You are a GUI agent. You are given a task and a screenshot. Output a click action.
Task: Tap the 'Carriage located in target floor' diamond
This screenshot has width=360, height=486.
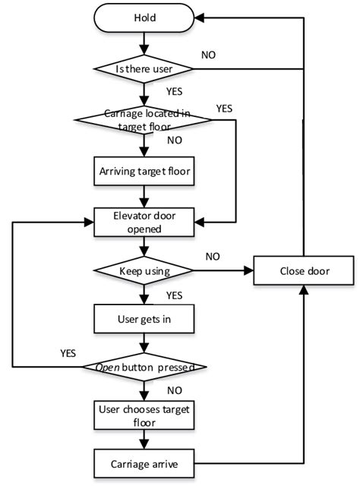(144, 120)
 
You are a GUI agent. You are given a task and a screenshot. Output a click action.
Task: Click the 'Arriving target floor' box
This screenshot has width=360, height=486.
(144, 172)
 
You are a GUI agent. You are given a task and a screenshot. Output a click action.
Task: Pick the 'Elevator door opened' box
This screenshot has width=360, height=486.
(144, 221)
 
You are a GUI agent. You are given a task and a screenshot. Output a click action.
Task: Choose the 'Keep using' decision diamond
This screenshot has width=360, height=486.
(144, 270)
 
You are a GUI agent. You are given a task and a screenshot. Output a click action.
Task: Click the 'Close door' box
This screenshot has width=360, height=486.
(304, 270)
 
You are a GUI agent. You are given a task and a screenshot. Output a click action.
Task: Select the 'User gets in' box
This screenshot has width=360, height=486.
(144, 319)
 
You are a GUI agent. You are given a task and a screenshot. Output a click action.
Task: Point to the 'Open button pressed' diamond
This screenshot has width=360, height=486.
(144, 368)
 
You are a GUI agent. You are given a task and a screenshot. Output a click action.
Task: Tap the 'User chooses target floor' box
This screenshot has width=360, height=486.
(144, 416)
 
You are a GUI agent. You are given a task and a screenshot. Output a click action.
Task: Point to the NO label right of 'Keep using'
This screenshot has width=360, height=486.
(214, 257)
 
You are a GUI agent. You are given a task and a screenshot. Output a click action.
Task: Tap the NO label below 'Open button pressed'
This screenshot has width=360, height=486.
(174, 391)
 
